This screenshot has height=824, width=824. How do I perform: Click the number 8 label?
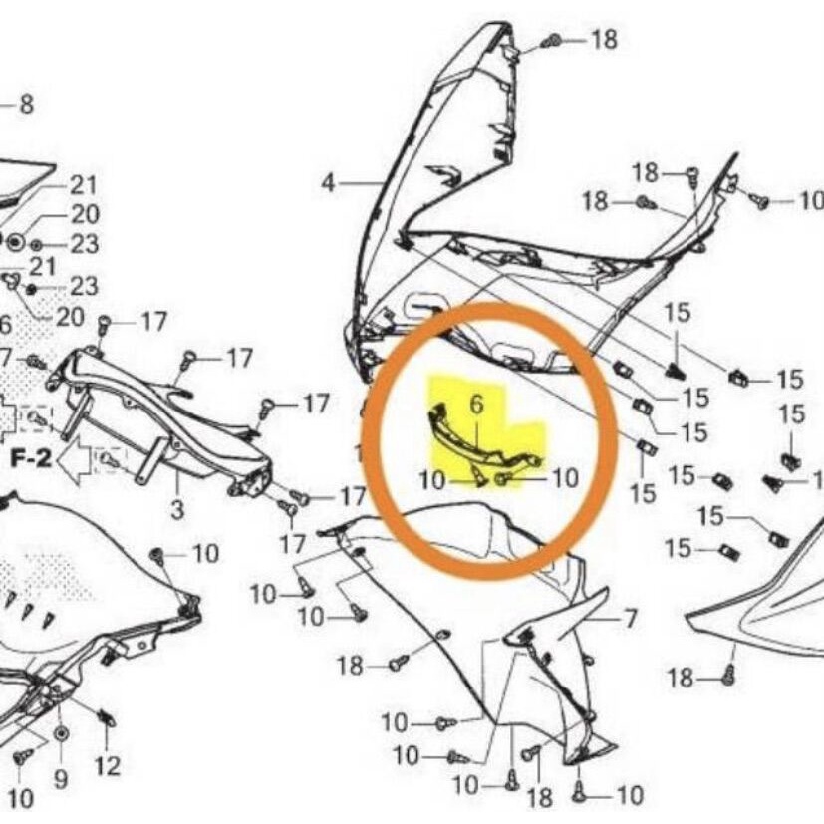pyautogui.click(x=26, y=105)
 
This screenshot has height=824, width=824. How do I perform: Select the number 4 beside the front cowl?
pyautogui.click(x=329, y=183)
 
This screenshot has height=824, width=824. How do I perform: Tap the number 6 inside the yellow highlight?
pyautogui.click(x=475, y=405)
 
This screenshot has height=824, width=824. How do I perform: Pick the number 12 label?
pyautogui.click(x=108, y=766)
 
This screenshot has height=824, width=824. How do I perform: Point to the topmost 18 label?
pyautogui.click(x=604, y=40)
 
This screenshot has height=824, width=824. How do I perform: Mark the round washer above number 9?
pyautogui.click(x=60, y=735)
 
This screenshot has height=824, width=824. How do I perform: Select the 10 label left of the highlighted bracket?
pyautogui.click(x=432, y=480)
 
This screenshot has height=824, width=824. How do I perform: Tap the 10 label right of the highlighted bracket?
pyautogui.click(x=564, y=479)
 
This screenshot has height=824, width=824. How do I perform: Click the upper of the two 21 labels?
pyautogui.click(x=84, y=185)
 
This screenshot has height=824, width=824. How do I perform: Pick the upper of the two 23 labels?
pyautogui.click(x=84, y=245)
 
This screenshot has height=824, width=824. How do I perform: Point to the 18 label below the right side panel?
pyautogui.click(x=681, y=679)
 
